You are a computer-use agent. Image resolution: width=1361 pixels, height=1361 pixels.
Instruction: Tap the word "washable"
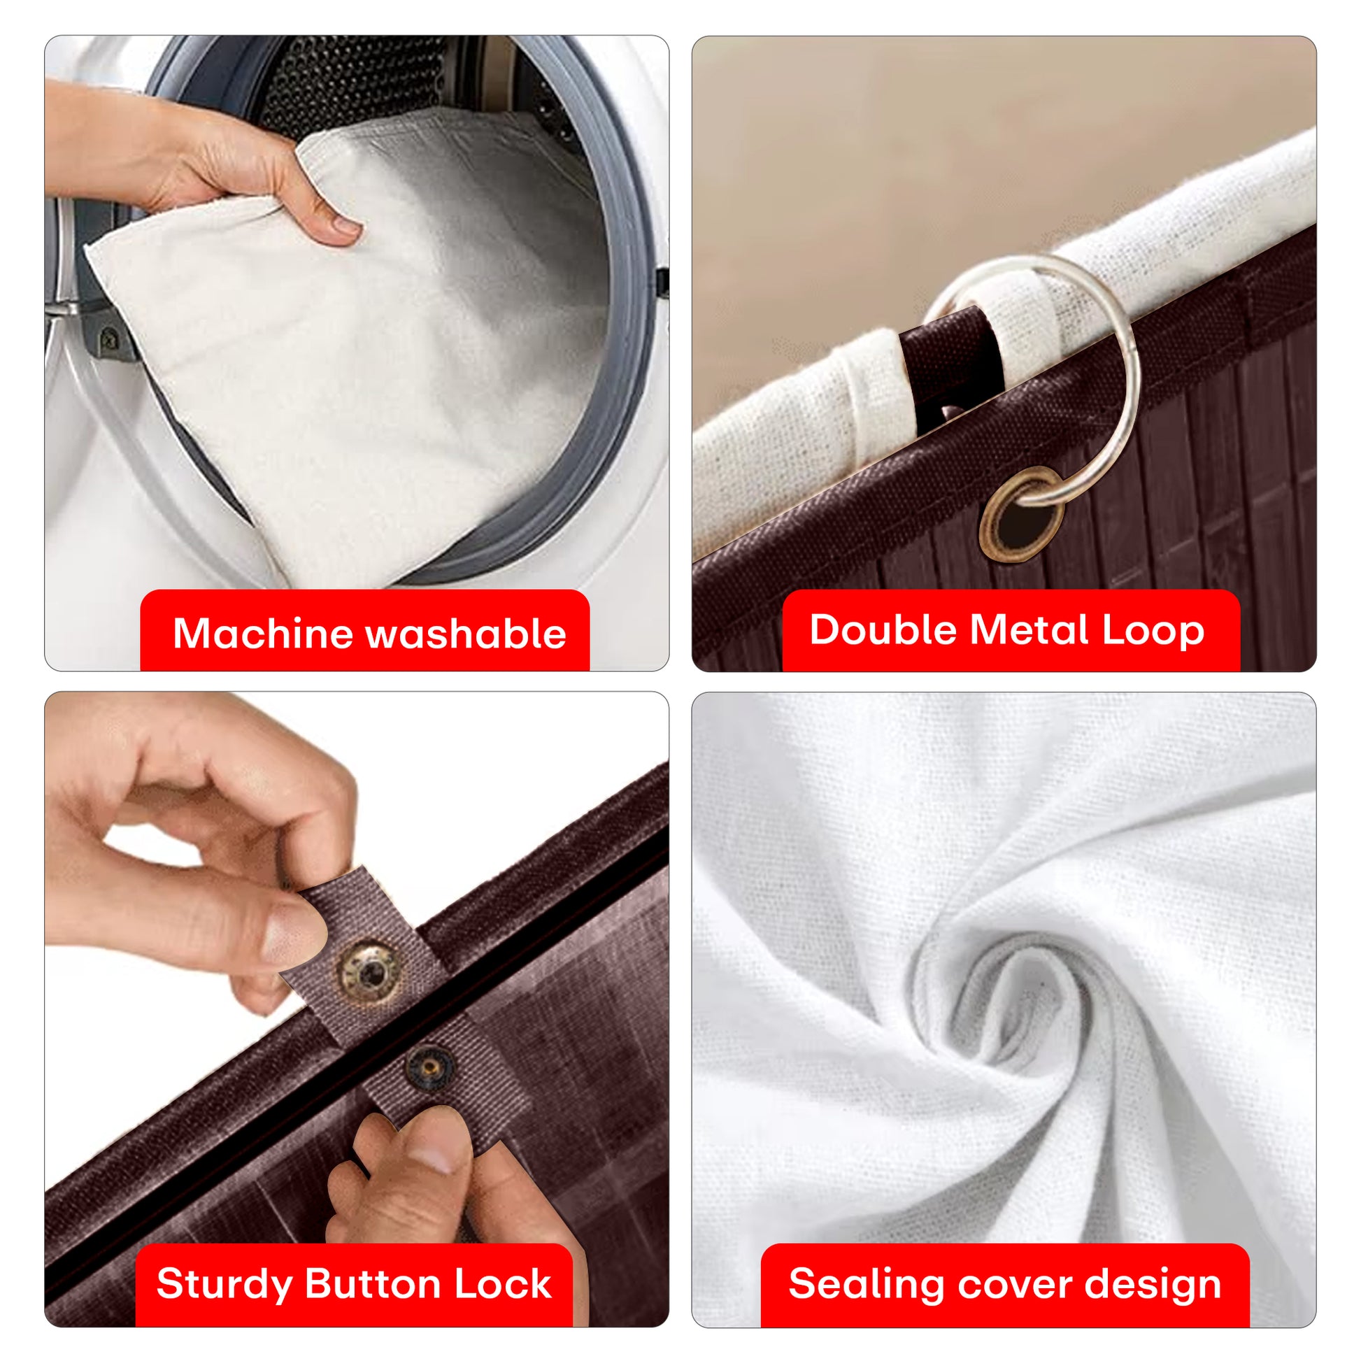(x=466, y=633)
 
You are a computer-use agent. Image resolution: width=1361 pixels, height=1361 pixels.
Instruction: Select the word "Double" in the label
(x=883, y=629)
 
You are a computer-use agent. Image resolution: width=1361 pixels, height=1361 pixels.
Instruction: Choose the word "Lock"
(x=502, y=1283)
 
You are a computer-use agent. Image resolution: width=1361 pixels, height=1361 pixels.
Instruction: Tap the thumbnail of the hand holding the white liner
(x=346, y=225)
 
